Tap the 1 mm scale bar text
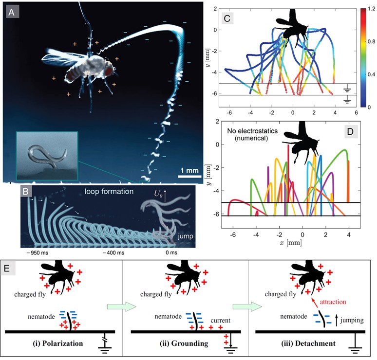click(188, 170)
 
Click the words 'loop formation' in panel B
click(108, 191)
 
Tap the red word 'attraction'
click(337, 302)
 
